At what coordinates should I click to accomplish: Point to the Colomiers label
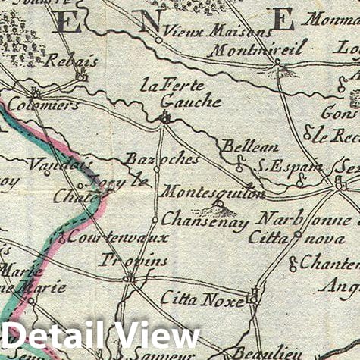(32, 107)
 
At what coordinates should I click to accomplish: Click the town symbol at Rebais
(82, 76)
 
